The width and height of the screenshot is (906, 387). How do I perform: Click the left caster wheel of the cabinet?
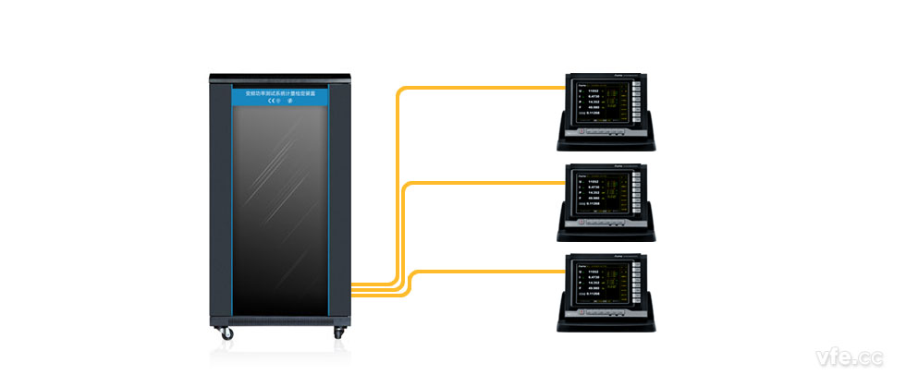(x=224, y=333)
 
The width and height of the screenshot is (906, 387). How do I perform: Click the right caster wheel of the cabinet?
(x=334, y=333)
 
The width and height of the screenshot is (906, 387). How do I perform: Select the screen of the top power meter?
(x=603, y=103)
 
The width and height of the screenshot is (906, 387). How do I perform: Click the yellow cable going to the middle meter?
(x=481, y=182)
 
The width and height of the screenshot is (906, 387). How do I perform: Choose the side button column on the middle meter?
(x=637, y=194)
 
